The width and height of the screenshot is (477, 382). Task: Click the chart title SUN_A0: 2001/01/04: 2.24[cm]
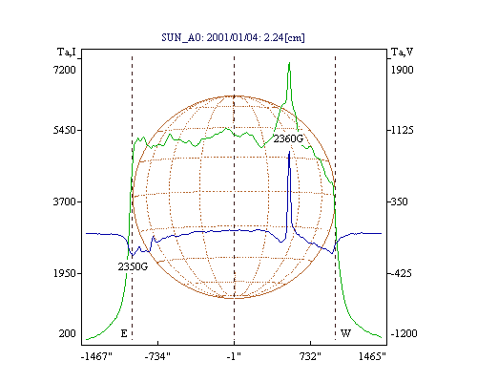pos(233,37)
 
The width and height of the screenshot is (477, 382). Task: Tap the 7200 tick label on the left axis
pos(64,70)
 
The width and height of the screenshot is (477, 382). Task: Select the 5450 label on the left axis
pos(64,130)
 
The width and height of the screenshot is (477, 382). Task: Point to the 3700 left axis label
pos(64,202)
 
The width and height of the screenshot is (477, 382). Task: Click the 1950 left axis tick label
pos(64,273)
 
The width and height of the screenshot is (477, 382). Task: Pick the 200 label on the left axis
pos(67,333)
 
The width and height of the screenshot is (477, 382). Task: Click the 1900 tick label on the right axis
pos(402,70)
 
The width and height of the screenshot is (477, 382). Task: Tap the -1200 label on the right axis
pos(404,333)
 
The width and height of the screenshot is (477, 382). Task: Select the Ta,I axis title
pos(67,52)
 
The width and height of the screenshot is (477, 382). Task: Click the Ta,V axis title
pos(402,52)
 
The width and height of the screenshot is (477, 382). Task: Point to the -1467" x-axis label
pos(96,356)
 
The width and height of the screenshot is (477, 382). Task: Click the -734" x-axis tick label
pos(157,356)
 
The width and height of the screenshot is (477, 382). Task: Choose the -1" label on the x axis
pos(234,356)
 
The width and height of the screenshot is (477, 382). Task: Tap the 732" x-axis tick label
pos(310,356)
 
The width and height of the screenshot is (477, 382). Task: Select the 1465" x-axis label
pos(372,356)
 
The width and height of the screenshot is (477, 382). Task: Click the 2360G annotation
pos(288,138)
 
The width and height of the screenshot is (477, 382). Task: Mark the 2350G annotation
pos(133,266)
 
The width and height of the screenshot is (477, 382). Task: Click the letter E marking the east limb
pos(124,333)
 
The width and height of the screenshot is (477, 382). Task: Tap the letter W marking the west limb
pos(345,333)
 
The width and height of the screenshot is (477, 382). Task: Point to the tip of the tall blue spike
pos(289,152)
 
